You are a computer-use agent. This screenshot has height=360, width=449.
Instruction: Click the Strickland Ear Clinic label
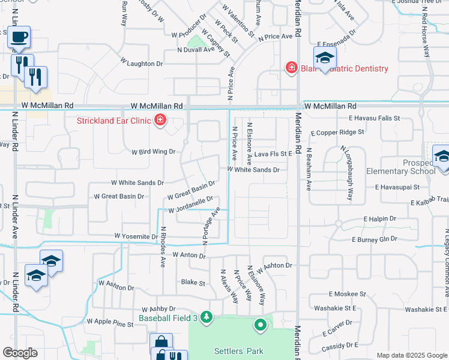(x=114, y=121)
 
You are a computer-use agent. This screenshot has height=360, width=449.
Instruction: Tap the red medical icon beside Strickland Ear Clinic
(x=160, y=121)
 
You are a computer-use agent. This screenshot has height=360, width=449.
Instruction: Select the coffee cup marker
(x=18, y=38)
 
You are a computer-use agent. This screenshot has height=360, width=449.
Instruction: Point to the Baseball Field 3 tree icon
(x=206, y=316)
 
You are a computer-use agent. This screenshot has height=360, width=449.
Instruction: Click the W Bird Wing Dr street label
(x=153, y=152)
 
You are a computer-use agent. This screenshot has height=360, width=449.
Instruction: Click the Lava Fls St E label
(x=273, y=154)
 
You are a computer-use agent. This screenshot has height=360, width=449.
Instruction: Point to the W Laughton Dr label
(x=141, y=62)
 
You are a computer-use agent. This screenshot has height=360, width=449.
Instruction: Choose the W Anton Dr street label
(x=188, y=256)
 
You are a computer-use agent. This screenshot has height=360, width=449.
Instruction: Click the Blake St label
(x=193, y=282)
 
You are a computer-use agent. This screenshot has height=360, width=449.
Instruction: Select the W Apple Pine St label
(x=110, y=323)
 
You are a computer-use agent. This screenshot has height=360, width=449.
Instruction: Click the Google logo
(x=20, y=353)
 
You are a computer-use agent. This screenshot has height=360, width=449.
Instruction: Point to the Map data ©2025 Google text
(x=411, y=355)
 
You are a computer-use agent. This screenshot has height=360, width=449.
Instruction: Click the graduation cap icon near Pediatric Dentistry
(x=325, y=58)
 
